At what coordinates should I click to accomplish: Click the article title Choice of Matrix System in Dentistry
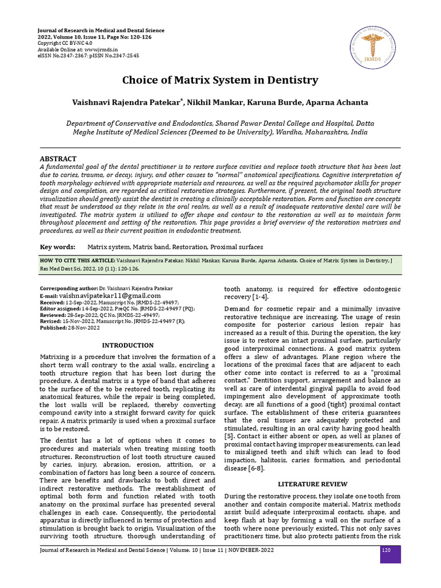(x=220, y=80)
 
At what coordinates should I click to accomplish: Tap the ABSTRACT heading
(x=57, y=158)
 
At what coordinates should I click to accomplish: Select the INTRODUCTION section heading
(x=127, y=345)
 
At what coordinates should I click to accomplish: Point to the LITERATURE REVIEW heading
(x=312, y=483)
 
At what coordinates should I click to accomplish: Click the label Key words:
(x=57, y=247)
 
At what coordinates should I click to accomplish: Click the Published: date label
(x=53, y=327)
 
